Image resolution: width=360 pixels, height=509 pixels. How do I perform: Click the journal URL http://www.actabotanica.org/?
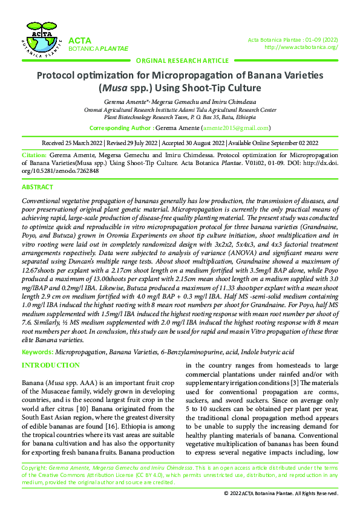tap(301, 47)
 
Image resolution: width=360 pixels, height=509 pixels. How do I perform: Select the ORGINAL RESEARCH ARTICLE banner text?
tap(182, 60)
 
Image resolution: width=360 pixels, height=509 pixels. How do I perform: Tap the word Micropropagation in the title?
tap(195, 76)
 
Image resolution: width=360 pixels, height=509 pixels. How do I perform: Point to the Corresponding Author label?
tap(120, 128)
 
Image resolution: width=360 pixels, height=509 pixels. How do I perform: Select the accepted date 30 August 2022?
tap(199, 143)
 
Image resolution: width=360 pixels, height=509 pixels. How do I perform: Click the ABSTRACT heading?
tap(37, 187)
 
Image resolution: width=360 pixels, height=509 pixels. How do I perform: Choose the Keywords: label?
tap(37, 351)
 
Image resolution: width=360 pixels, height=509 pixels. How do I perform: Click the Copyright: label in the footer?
tap(34, 468)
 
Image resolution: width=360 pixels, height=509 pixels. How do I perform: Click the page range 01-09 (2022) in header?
tap(320, 40)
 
